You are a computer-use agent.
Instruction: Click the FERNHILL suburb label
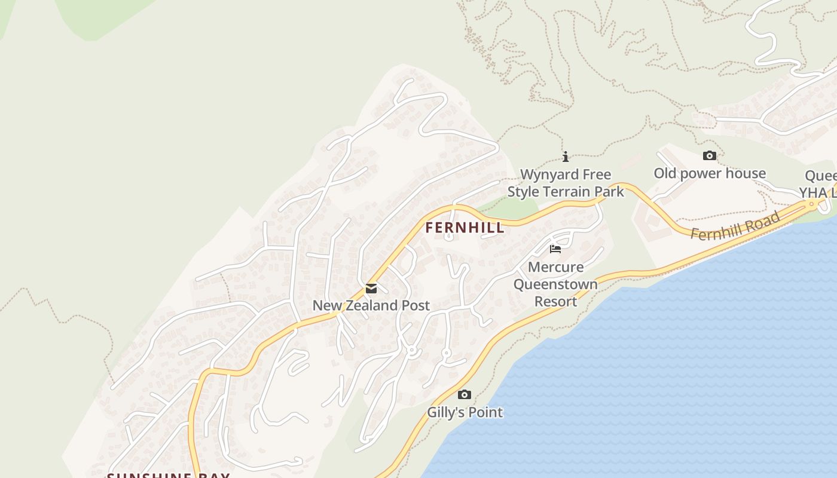(465, 228)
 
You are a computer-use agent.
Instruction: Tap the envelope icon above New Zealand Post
(371, 289)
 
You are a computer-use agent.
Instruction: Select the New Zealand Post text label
(371, 305)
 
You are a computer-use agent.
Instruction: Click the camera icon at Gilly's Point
(465, 394)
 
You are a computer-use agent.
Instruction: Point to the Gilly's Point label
(465, 412)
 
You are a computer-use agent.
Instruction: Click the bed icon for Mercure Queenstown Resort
(555, 249)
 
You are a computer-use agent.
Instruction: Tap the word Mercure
(555, 266)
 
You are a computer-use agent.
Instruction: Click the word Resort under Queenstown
(555, 301)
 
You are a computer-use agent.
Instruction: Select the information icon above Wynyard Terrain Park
(566, 157)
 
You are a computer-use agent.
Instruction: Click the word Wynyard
(549, 174)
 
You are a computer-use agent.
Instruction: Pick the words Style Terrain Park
(566, 191)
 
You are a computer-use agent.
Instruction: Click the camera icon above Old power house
(710, 156)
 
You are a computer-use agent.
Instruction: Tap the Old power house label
(710, 173)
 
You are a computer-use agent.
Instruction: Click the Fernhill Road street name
(735, 226)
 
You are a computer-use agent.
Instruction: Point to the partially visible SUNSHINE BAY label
(168, 475)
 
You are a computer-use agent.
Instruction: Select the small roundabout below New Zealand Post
(411, 351)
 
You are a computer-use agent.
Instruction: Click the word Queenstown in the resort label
(555, 284)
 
